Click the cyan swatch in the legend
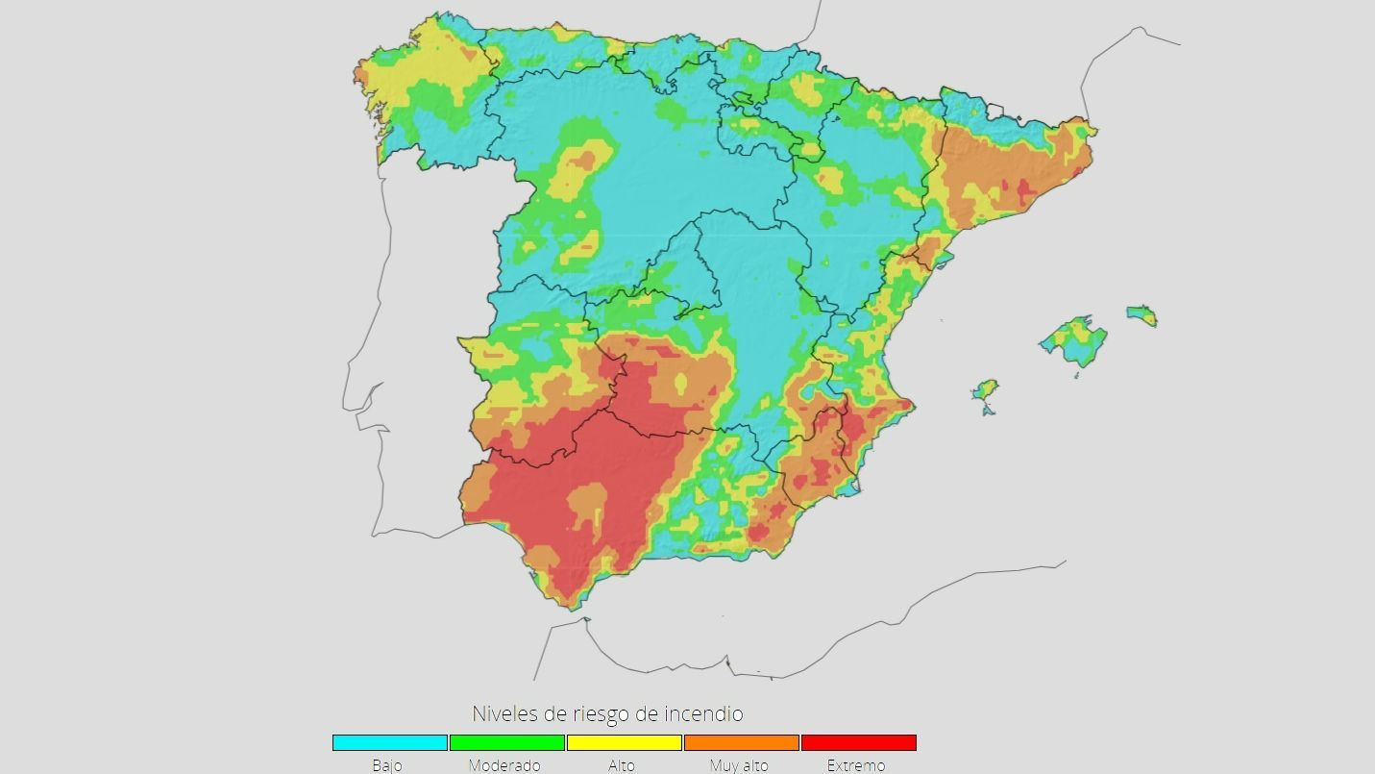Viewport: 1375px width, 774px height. click(x=390, y=742)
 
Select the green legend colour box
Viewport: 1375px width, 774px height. click(x=506, y=742)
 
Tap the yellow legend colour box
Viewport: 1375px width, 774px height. click(x=624, y=742)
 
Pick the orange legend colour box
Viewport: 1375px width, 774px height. click(x=741, y=742)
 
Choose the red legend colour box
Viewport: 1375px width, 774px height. click(x=858, y=742)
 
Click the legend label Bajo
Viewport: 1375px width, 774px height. click(x=387, y=766)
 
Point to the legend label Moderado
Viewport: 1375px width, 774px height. click(x=504, y=766)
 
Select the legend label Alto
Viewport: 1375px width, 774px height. click(x=622, y=766)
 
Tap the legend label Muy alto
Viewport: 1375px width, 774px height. click(x=739, y=766)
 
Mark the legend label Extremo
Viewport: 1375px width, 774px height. click(x=856, y=766)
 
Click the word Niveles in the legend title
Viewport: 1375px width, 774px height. click(x=503, y=714)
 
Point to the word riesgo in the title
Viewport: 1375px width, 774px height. click(x=600, y=714)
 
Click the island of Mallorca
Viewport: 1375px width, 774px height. click(x=1074, y=339)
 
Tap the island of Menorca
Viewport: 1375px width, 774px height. click(x=1142, y=315)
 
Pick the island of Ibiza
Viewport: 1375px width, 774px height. click(x=985, y=390)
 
